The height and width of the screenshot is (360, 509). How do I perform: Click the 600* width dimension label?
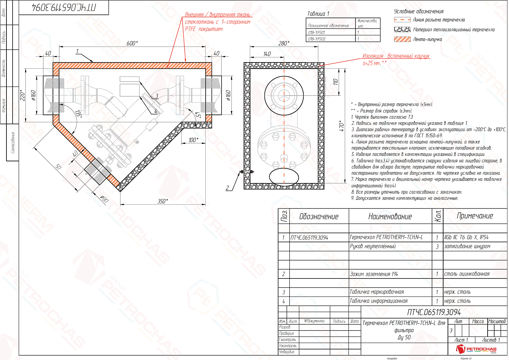[x=132, y=43]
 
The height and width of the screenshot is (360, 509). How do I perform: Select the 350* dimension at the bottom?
[x=163, y=201]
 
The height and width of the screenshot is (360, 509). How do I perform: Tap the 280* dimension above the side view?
[x=284, y=43]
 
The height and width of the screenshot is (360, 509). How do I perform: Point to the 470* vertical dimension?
[x=342, y=126]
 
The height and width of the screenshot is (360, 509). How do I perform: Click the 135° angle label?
[x=78, y=114]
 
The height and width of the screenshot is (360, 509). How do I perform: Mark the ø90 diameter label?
[x=104, y=199]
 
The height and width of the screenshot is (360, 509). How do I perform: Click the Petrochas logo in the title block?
[x=476, y=349]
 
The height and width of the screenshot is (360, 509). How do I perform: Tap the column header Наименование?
[x=390, y=216]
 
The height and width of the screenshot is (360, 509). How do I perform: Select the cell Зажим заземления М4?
[x=374, y=274]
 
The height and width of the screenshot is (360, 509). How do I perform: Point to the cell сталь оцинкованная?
[x=467, y=274]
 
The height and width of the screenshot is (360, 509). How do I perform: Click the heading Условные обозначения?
[x=419, y=11]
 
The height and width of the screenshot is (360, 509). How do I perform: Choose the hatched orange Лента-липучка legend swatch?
[x=402, y=39]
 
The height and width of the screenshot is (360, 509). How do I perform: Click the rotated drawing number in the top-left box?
[x=64, y=7]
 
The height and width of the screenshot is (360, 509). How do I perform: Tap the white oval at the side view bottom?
[x=284, y=177]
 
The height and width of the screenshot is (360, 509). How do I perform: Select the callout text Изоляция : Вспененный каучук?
[x=396, y=56]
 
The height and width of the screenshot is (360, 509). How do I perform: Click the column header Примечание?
[x=475, y=216]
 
